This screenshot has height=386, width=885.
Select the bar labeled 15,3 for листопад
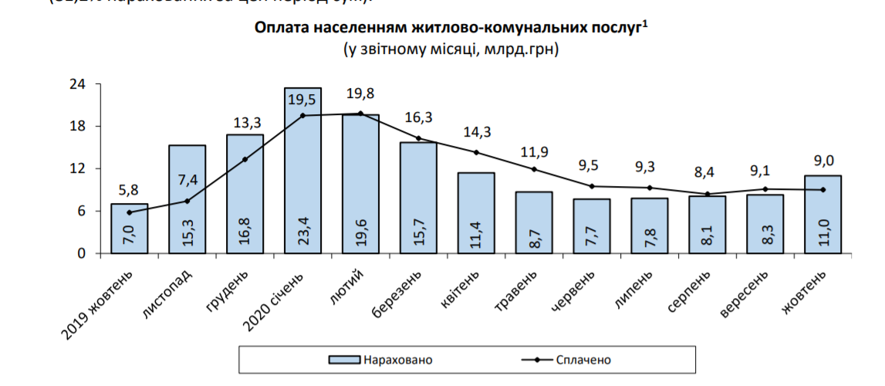point(187,199)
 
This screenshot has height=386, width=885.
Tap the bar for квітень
point(476,213)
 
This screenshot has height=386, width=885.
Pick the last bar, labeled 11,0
point(823,215)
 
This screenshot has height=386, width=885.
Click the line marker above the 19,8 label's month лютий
point(360,113)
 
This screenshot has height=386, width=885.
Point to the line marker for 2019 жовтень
point(130,212)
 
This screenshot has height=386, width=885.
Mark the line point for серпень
point(707,194)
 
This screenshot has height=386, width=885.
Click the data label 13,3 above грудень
point(245,124)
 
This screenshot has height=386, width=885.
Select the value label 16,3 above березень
point(419,117)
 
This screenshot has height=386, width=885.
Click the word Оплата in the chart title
point(280,28)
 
